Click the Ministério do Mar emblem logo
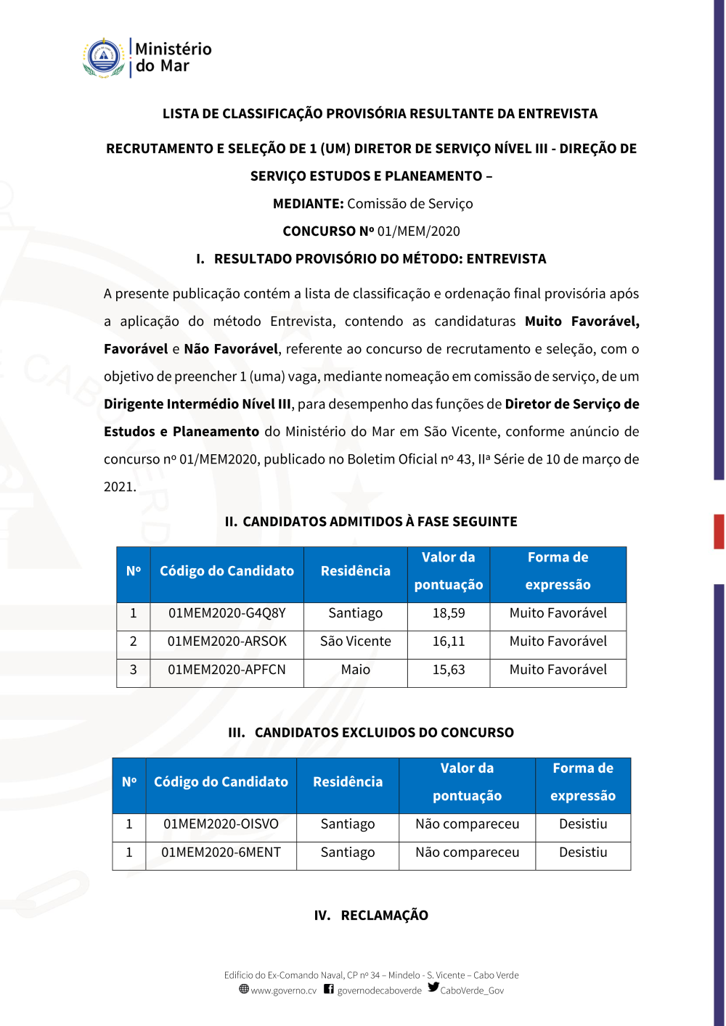pos(104,57)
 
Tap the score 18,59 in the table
pos(449,613)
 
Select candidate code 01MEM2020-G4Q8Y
pos(227,613)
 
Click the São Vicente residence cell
pos(355,641)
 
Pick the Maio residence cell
pos(355,670)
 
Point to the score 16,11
pos(449,641)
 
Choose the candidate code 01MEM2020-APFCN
pos(227,670)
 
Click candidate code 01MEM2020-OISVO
pos(221,824)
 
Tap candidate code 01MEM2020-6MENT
pos(221,853)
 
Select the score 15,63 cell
pos(449,670)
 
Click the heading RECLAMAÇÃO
pos(384,916)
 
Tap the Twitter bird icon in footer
pos(433,988)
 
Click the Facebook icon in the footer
pos(329,989)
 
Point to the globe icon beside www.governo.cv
pos(244,989)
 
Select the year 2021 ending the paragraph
pos(119,487)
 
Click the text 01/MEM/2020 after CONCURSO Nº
pos(418,231)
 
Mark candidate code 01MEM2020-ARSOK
pos(227,641)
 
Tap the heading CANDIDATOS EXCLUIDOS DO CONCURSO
pos(384,733)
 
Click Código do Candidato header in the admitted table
pos(227,571)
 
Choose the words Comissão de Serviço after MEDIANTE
pos(409,204)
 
